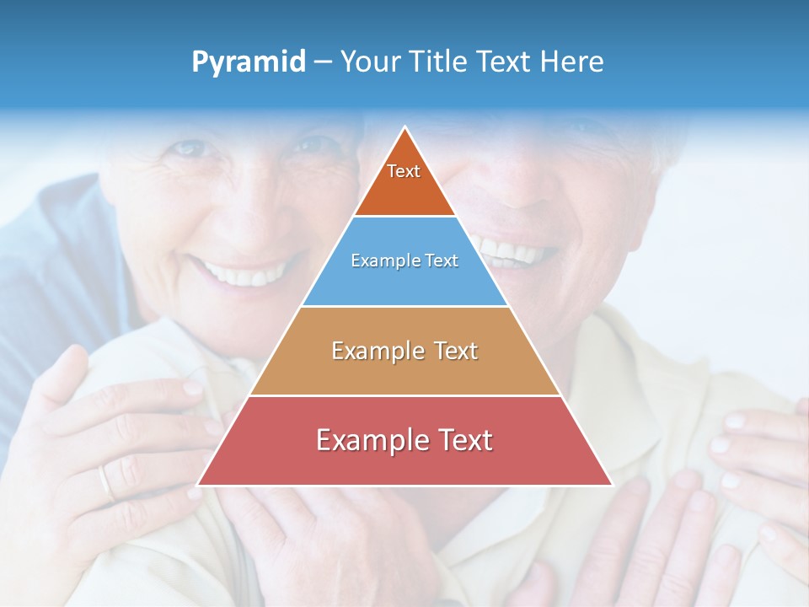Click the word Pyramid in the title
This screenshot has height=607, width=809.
(x=248, y=62)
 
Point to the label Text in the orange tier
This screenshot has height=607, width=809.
(x=404, y=171)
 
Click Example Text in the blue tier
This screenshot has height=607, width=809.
(x=404, y=261)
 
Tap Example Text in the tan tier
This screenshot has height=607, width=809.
(x=404, y=351)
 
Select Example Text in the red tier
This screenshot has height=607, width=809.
(x=404, y=440)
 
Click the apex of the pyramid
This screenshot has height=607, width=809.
(x=405, y=128)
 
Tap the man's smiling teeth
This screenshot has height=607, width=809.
(x=516, y=251)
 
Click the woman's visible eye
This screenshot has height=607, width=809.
(x=190, y=149)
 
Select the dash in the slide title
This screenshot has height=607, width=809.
(x=322, y=62)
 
